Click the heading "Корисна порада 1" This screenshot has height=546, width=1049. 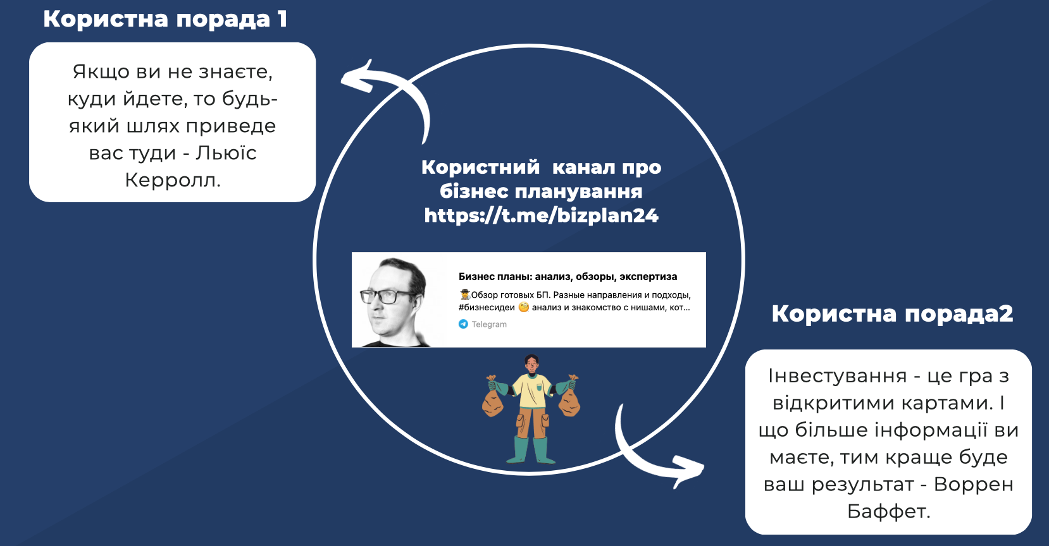pyautogui.click(x=165, y=19)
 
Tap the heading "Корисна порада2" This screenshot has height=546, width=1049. pyautogui.click(x=892, y=313)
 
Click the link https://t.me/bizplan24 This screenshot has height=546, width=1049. pyautogui.click(x=542, y=215)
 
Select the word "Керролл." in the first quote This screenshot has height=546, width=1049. pyautogui.click(x=172, y=180)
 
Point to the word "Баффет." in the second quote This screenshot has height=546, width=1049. pyautogui.click(x=888, y=511)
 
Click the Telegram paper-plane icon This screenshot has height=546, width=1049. pyautogui.click(x=463, y=324)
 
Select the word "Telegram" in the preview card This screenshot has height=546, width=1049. pyautogui.click(x=489, y=324)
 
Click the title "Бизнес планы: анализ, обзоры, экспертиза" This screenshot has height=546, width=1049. pyautogui.click(x=568, y=277)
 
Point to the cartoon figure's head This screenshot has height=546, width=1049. pyautogui.click(x=531, y=363)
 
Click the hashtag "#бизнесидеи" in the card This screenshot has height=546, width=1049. pyautogui.click(x=487, y=307)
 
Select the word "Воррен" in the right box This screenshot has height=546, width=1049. pyautogui.click(x=974, y=485)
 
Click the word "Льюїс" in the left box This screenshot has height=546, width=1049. pyautogui.click(x=226, y=153)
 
